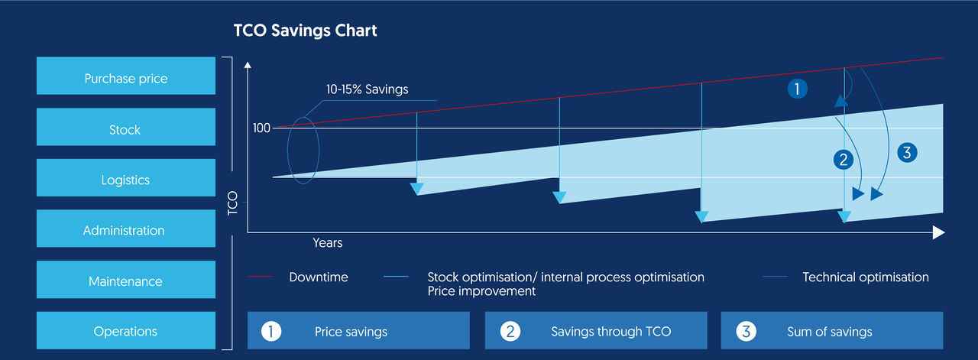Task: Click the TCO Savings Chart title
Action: [305, 31]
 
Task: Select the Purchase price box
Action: [126, 79]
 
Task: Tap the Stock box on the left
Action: [126, 130]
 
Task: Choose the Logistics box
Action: [126, 180]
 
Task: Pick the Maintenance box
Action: [126, 281]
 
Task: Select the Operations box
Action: [126, 332]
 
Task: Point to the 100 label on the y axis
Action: [261, 128]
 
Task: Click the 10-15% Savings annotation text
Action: [367, 89]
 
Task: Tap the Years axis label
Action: [327, 243]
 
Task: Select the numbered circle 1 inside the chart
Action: [797, 89]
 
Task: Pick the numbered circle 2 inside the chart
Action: [844, 160]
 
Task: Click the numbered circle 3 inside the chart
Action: [906, 152]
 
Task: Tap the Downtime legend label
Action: [318, 277]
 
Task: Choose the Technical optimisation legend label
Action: [865, 277]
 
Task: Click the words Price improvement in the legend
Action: [481, 291]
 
